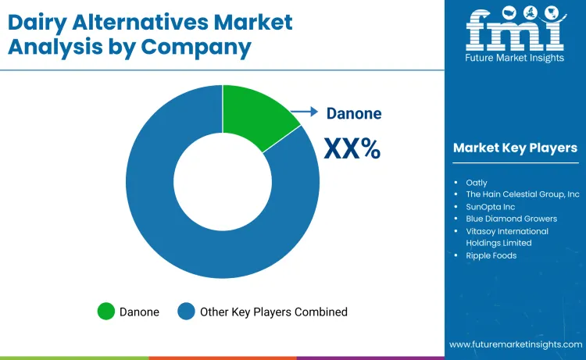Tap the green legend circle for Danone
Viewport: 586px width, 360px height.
coord(105,312)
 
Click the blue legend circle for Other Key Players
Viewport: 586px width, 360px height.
coord(186,312)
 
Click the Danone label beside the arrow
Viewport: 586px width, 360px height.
coord(354,113)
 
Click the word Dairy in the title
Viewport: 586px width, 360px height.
coord(44,22)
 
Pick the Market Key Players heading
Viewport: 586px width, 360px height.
coord(515,148)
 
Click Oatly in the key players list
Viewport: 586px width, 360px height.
coord(477,183)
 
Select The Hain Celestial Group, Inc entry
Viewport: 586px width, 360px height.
coord(523,194)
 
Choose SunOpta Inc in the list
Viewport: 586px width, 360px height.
coord(491,207)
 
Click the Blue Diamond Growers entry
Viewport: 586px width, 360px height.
coord(513,219)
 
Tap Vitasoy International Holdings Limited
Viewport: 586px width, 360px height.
coord(507,237)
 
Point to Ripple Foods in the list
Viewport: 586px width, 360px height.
coord(491,255)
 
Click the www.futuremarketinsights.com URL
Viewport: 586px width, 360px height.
coord(515,344)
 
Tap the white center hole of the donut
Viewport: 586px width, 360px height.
coord(223,180)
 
